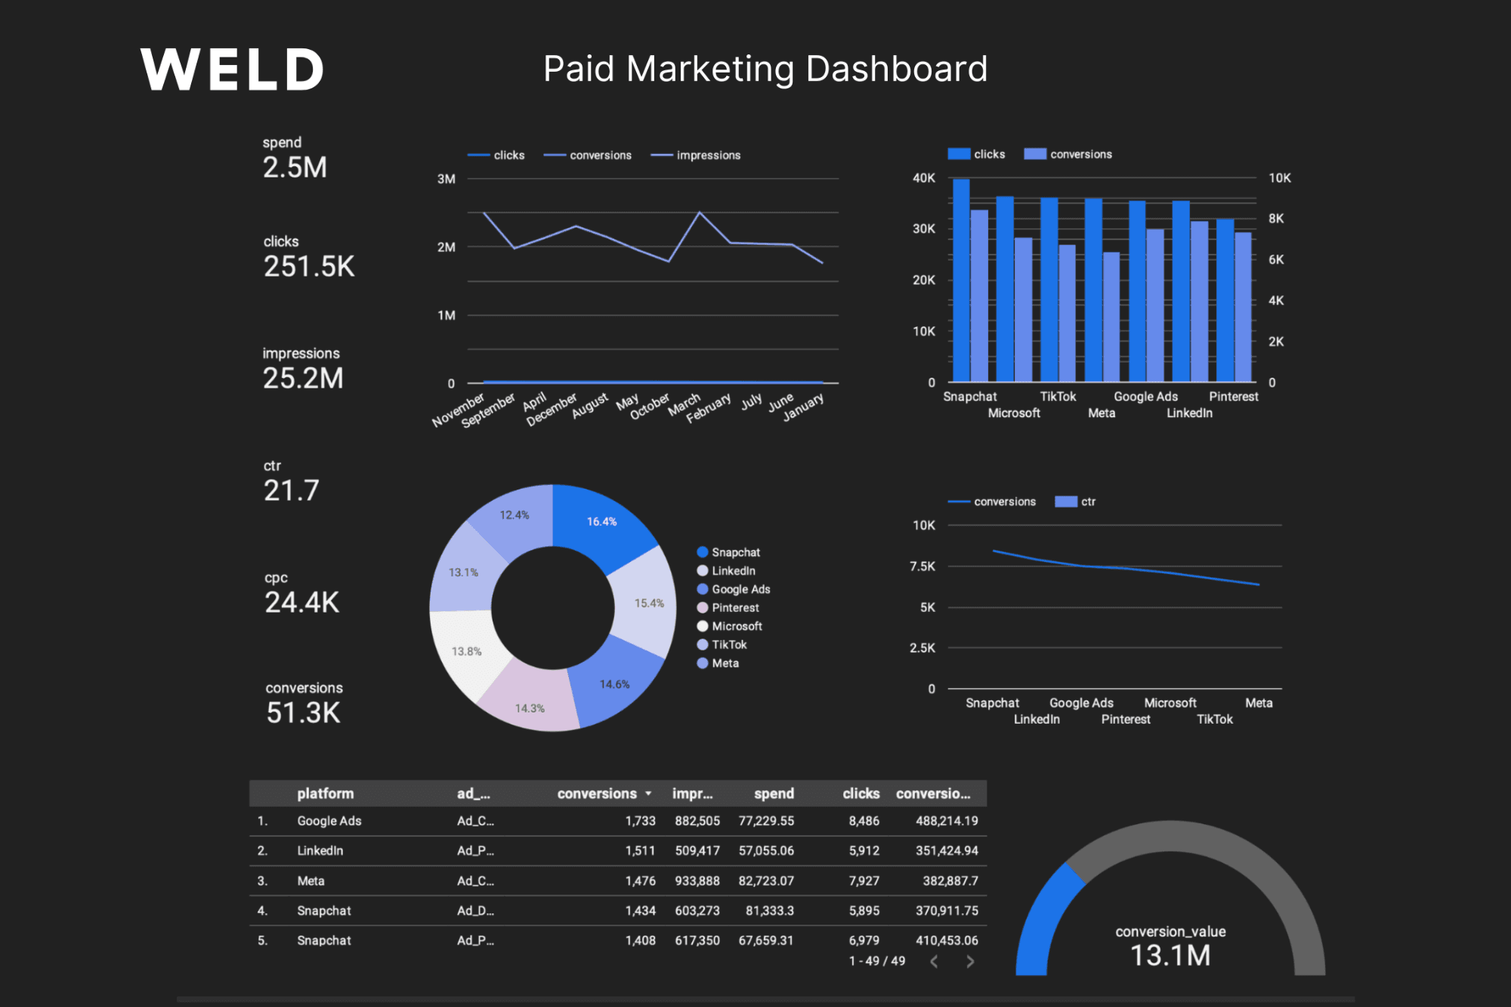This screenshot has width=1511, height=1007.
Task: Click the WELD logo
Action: coord(232,70)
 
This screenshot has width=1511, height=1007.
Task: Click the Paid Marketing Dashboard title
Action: coord(765,69)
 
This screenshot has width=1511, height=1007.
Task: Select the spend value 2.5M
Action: coord(295,167)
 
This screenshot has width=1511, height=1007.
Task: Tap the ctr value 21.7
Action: coord(291,490)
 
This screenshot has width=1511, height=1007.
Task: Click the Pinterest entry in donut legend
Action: coord(734,607)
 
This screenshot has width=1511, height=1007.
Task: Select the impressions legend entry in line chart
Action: coord(707,155)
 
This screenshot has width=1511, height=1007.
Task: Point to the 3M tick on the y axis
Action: coord(446,179)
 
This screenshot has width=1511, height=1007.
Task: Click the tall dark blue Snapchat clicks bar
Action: coord(961,280)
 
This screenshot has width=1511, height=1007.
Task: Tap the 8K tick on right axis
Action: coord(1276,218)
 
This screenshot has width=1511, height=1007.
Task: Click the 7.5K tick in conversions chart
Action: coord(922,566)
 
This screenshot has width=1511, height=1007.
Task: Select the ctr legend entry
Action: coord(1086,502)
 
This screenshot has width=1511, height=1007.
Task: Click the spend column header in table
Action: coord(774,793)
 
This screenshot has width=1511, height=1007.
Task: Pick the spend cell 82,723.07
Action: coord(766,881)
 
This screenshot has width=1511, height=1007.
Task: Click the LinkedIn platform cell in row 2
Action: coord(320,851)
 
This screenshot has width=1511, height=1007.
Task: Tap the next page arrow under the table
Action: coord(970,961)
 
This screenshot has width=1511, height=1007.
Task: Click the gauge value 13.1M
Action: coord(1170,956)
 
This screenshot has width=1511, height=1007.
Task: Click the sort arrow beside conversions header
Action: coord(648,793)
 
